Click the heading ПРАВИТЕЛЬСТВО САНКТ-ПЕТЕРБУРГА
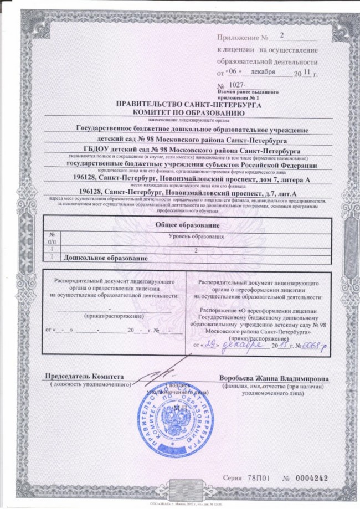pos(180,104)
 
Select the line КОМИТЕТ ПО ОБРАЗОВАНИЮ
pos(180,112)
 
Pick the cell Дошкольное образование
pos(106,258)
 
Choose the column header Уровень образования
pos(195,236)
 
